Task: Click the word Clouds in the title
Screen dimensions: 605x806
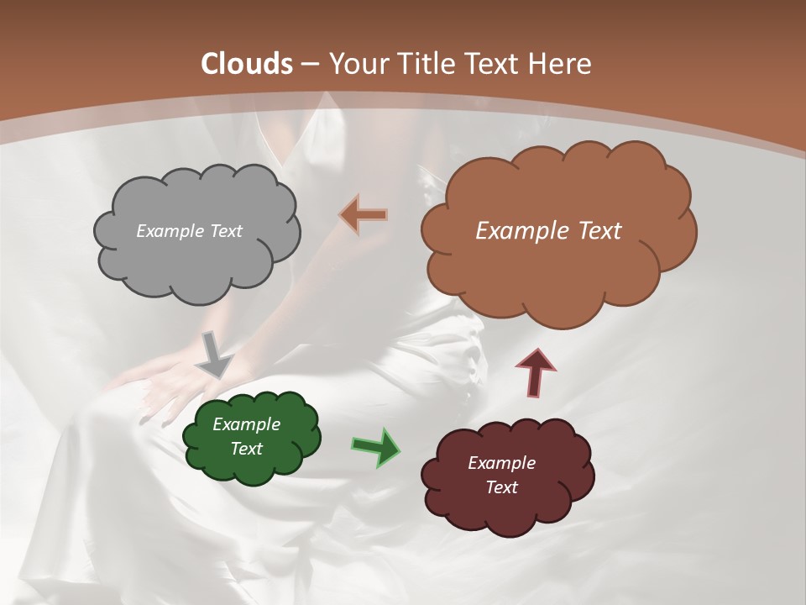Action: pos(247,64)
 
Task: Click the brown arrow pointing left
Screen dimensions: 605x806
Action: pos(363,215)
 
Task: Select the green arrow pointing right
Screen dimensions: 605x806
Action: pos(375,446)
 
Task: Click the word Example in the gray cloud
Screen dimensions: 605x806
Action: pos(169,231)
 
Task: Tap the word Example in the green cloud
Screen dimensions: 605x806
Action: pos(246,424)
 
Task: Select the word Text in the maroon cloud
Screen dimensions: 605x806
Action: pos(501,487)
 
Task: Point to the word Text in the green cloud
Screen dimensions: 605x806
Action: pos(246,449)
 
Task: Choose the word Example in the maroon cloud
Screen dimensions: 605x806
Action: pos(501,463)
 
